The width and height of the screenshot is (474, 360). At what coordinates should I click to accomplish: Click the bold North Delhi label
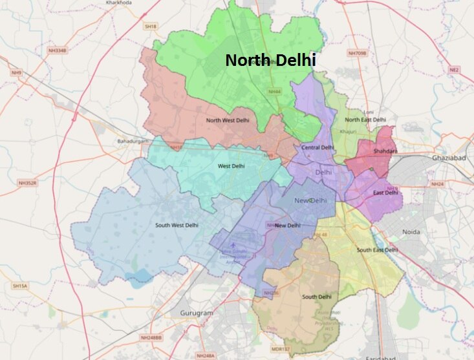(x=270, y=61)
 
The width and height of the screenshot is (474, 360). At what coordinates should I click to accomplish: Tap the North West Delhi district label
(x=227, y=120)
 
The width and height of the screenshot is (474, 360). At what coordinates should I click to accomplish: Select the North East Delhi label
(x=365, y=120)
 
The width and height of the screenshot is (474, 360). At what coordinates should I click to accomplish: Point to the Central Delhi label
(x=318, y=147)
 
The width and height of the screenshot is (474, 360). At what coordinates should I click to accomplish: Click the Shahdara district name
(x=385, y=151)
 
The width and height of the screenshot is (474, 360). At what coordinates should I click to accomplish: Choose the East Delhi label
(x=385, y=193)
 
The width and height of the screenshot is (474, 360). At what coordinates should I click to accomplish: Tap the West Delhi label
(x=231, y=166)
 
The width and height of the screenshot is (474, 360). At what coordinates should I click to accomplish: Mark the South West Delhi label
(x=177, y=225)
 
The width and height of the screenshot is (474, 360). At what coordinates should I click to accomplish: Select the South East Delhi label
(x=377, y=249)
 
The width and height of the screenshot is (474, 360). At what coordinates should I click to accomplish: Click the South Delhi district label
(x=317, y=297)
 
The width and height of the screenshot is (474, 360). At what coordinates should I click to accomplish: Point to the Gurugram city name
(x=196, y=313)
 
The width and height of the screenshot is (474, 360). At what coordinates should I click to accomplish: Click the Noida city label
(x=411, y=232)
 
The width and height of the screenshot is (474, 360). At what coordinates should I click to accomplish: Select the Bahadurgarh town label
(x=133, y=141)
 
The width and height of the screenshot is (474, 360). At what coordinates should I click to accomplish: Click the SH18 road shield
(x=151, y=26)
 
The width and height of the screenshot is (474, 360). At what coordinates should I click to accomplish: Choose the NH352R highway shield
(x=28, y=183)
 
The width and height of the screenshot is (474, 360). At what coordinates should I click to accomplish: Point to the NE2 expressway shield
(x=454, y=69)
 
